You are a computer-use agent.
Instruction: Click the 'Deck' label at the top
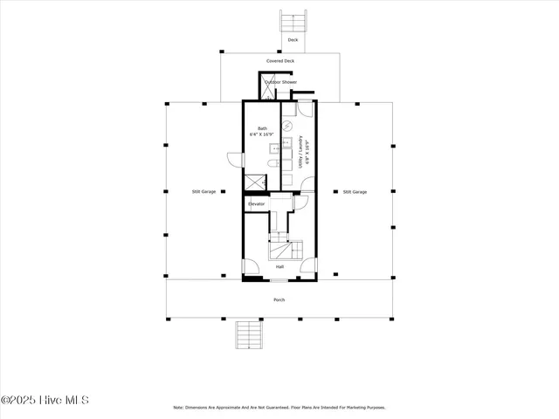pos(293,40)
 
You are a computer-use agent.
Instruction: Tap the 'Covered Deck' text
pos(279,61)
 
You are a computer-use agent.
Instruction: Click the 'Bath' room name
pos(262,128)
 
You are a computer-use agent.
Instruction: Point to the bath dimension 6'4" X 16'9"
pos(262,135)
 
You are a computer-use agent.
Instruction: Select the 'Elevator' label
pos(256,204)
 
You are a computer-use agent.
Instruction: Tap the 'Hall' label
pos(279,267)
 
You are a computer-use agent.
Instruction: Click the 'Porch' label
pos(279,299)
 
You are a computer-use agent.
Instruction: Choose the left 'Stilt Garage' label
pos(204,191)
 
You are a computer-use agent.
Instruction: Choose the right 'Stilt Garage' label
pos(354,191)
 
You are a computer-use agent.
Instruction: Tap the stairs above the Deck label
pos(293,20)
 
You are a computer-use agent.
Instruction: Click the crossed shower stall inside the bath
pos(254,182)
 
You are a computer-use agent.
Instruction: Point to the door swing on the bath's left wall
pos(234,160)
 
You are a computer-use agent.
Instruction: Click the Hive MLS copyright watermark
pos(45,401)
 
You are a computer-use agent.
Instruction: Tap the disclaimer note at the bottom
pos(279,408)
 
